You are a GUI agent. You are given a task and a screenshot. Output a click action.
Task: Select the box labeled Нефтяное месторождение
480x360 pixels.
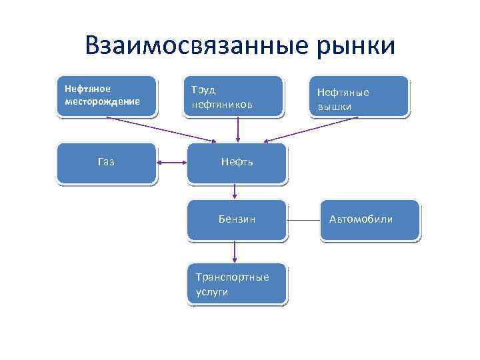107,97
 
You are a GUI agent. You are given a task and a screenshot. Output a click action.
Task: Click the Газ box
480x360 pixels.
106,163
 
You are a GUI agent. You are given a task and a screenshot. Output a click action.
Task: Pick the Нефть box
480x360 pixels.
237,163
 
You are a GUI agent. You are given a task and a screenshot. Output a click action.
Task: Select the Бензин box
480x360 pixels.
237,219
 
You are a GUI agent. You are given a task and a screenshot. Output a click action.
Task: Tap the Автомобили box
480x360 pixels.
370,219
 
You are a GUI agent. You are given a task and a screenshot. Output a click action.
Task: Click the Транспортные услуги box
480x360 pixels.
237,284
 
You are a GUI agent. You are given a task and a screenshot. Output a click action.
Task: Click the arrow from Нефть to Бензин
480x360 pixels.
235,191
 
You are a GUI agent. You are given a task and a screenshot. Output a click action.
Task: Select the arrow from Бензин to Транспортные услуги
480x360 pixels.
235,252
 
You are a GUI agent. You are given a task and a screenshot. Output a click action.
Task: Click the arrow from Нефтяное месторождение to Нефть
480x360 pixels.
160,129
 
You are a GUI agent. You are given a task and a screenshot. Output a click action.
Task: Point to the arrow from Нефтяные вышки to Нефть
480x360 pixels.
313,129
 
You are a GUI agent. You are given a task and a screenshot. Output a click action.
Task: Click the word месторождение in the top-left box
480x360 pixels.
102,102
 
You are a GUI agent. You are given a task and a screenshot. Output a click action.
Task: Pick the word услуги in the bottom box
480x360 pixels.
212,292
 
